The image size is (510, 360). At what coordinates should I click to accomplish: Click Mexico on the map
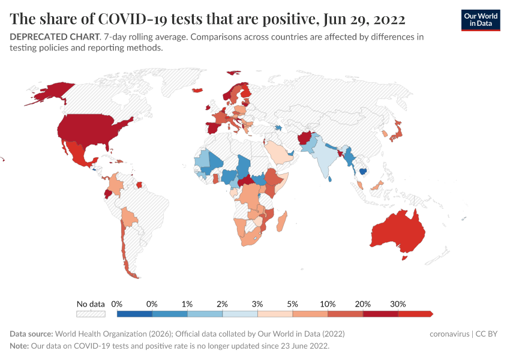click(76, 153)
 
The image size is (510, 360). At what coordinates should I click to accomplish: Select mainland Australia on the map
click(396, 231)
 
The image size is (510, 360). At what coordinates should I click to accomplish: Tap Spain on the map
click(213, 128)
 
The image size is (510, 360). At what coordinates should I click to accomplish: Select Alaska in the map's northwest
click(51, 92)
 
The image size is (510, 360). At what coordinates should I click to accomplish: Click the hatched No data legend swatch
click(90, 314)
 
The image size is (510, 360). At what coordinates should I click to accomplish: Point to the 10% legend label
click(328, 304)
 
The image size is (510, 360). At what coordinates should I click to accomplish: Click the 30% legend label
click(398, 304)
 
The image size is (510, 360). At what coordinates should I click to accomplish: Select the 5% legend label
click(293, 304)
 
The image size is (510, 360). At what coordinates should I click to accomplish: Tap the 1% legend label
click(187, 304)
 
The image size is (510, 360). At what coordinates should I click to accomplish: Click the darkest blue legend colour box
click(134, 314)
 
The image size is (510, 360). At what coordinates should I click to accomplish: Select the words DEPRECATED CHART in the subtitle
click(54, 37)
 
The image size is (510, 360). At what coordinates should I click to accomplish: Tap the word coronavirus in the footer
click(450, 334)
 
